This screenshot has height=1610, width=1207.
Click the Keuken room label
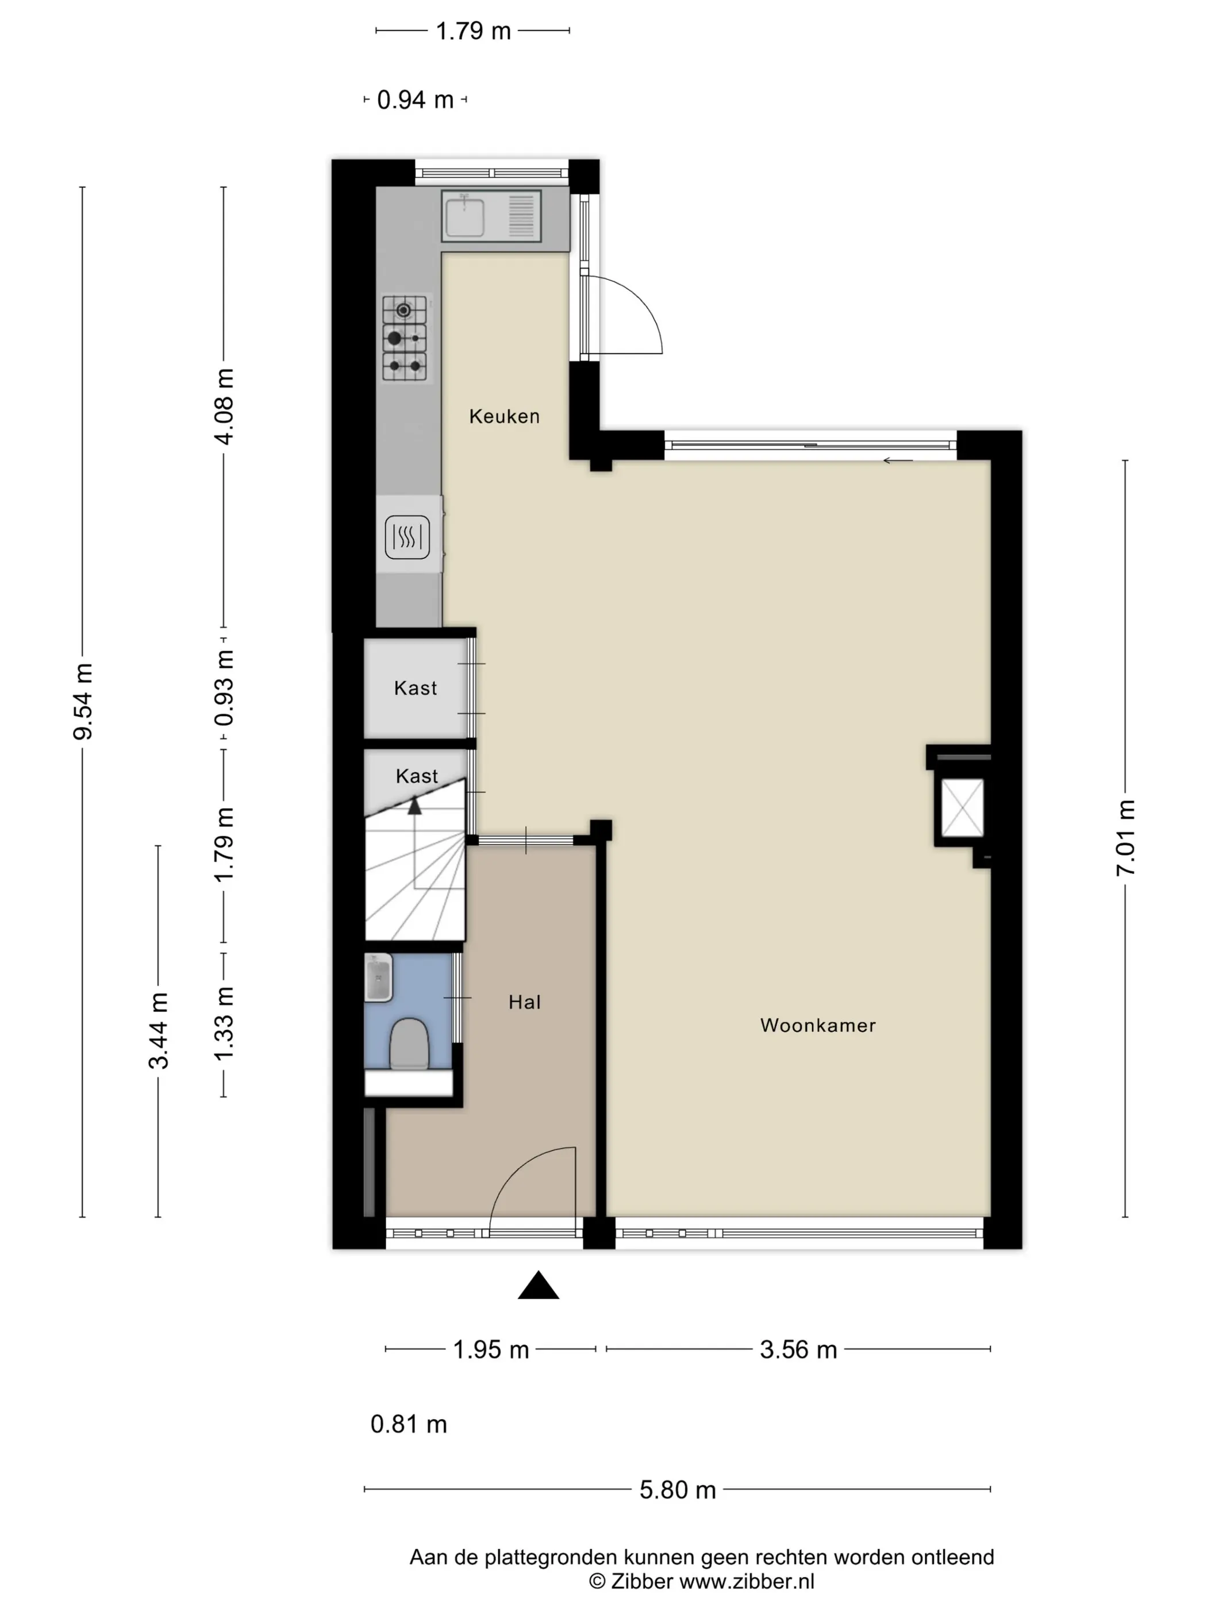pyautogui.click(x=504, y=416)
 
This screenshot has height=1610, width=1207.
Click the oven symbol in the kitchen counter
pyautogui.click(x=408, y=537)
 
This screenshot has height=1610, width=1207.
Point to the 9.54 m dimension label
pyautogui.click(x=83, y=701)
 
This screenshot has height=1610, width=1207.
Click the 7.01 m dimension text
pyautogui.click(x=1125, y=838)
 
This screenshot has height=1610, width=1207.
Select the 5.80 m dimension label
pyautogui.click(x=677, y=1490)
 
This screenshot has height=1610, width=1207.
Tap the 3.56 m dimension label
pyautogui.click(x=798, y=1350)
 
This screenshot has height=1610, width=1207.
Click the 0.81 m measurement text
pyautogui.click(x=409, y=1424)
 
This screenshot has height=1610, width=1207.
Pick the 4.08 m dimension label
pyautogui.click(x=224, y=406)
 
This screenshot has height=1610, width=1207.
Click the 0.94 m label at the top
pyautogui.click(x=416, y=99)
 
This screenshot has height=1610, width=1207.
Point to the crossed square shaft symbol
pyautogui.click(x=962, y=808)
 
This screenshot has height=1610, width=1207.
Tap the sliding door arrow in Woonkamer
pyautogui.click(x=898, y=460)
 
